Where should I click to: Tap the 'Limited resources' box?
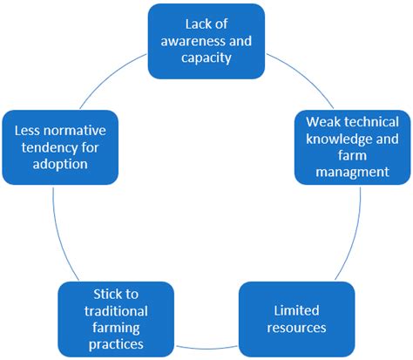point(297,319)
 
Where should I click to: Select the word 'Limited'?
point(297,310)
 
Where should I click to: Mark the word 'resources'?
point(297,328)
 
